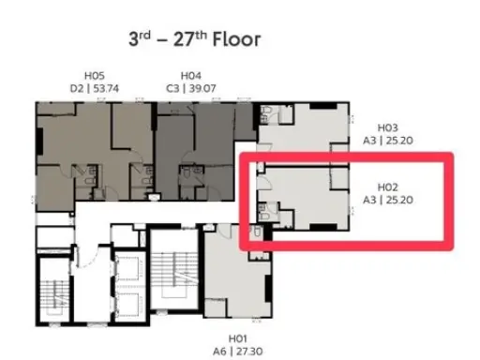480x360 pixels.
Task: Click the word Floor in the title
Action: click(x=236, y=39)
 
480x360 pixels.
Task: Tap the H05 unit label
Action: click(x=95, y=76)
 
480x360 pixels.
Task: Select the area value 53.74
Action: click(x=106, y=89)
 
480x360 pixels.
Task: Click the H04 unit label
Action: click(x=191, y=76)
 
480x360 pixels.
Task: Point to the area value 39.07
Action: click(x=202, y=89)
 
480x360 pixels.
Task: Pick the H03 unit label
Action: click(x=388, y=127)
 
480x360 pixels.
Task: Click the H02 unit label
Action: click(x=388, y=187)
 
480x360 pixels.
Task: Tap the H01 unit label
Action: click(x=238, y=338)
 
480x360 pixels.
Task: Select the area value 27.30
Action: click(x=249, y=352)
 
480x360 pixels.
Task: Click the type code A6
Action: click(x=219, y=352)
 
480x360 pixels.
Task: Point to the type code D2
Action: click(x=77, y=89)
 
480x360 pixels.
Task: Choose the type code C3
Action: click(x=172, y=89)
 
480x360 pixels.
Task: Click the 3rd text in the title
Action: click(x=140, y=38)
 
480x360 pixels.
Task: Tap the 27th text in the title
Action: click(x=190, y=38)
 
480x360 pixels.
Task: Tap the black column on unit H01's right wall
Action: click(x=268, y=289)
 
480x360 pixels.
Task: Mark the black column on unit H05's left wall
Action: click(x=39, y=141)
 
